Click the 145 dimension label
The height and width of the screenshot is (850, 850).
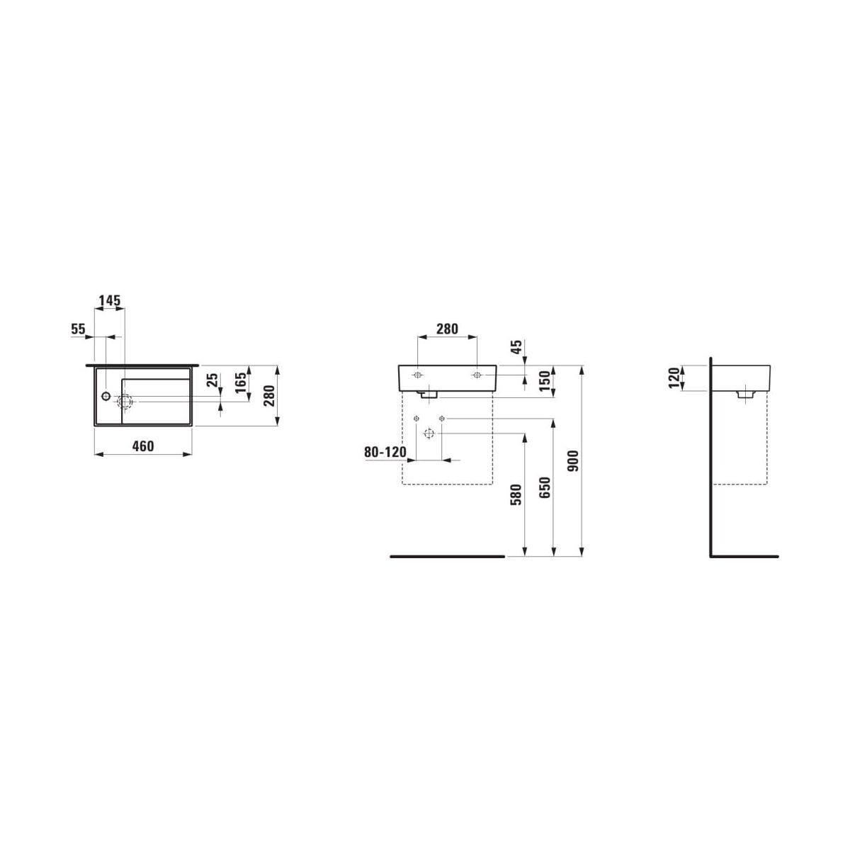[109, 301]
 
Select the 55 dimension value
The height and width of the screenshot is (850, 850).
[78, 329]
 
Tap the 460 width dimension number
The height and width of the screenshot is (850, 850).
[143, 446]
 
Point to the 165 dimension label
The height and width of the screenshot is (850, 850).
[241, 384]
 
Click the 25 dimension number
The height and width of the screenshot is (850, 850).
[212, 380]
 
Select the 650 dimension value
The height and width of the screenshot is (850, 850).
[545, 488]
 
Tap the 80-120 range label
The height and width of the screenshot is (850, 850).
[385, 452]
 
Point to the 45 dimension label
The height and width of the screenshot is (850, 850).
[516, 346]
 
